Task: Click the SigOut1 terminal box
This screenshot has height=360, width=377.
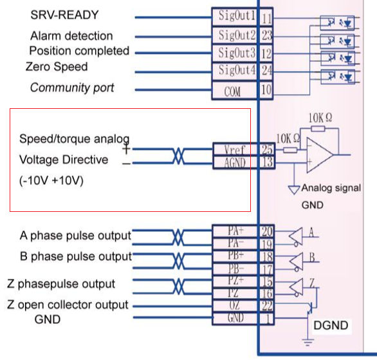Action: tap(235, 17)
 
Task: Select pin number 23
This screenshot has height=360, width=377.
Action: tap(266, 35)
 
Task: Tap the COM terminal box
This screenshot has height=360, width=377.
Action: tap(235, 90)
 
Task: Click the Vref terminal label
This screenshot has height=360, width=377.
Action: tap(234, 149)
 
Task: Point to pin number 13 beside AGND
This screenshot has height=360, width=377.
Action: tap(268, 162)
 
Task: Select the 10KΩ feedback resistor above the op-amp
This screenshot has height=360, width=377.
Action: tap(318, 129)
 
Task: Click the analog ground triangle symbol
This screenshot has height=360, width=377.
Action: tap(294, 189)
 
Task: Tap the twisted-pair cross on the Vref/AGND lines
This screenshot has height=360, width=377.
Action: tap(178, 156)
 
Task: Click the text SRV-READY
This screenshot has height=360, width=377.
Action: tap(64, 15)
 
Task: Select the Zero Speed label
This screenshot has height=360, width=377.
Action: tap(57, 66)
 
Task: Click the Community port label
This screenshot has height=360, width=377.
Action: tap(72, 88)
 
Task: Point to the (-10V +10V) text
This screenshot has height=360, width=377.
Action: tap(51, 180)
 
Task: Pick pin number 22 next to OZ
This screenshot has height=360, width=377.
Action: tap(267, 306)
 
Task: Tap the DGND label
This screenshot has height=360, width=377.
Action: tap(331, 325)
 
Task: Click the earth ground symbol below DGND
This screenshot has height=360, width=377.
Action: tap(308, 342)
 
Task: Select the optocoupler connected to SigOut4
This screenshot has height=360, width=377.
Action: tap(338, 77)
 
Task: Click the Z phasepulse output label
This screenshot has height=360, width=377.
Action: tap(61, 284)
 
